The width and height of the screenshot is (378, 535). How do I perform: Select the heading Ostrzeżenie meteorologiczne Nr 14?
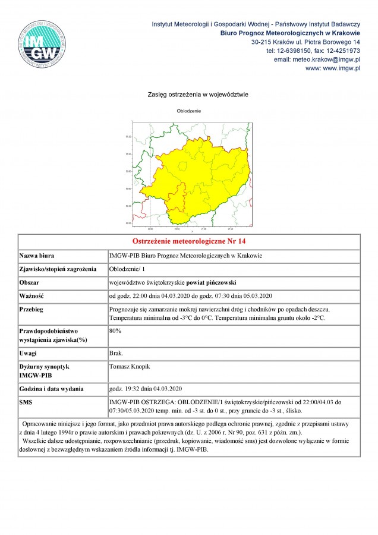188,242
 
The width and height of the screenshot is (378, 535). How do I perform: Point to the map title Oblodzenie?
189,111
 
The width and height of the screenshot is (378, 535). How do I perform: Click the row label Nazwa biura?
37,256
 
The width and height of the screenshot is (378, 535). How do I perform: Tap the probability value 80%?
116,331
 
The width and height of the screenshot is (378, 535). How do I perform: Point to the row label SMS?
27,402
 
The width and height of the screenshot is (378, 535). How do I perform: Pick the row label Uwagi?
29,353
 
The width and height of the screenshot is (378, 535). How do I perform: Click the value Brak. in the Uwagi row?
116,353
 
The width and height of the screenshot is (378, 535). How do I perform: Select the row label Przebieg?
33,310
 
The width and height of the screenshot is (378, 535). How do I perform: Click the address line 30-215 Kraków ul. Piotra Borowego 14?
306,42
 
